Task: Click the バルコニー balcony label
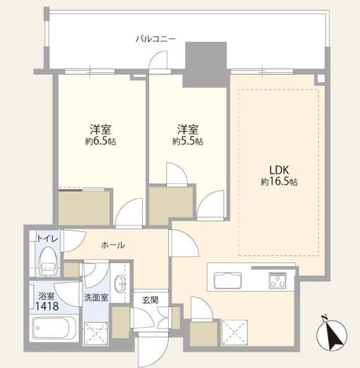tap(156, 38)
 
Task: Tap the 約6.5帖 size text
tap(100, 142)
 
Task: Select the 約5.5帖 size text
tap(187, 142)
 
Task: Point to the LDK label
tap(279, 170)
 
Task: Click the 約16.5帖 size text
tap(279, 182)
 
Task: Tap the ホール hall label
tap(113, 246)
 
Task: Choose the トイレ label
tap(47, 238)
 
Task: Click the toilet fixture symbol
tap(48, 262)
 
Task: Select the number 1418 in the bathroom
tap(47, 306)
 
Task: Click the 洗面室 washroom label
tap(96, 298)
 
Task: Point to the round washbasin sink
tap(120, 283)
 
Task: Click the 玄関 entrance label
tap(150, 300)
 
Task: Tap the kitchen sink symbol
tap(228, 280)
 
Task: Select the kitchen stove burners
tap(278, 280)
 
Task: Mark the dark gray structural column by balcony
tap(206, 65)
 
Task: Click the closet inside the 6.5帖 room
tap(84, 208)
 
